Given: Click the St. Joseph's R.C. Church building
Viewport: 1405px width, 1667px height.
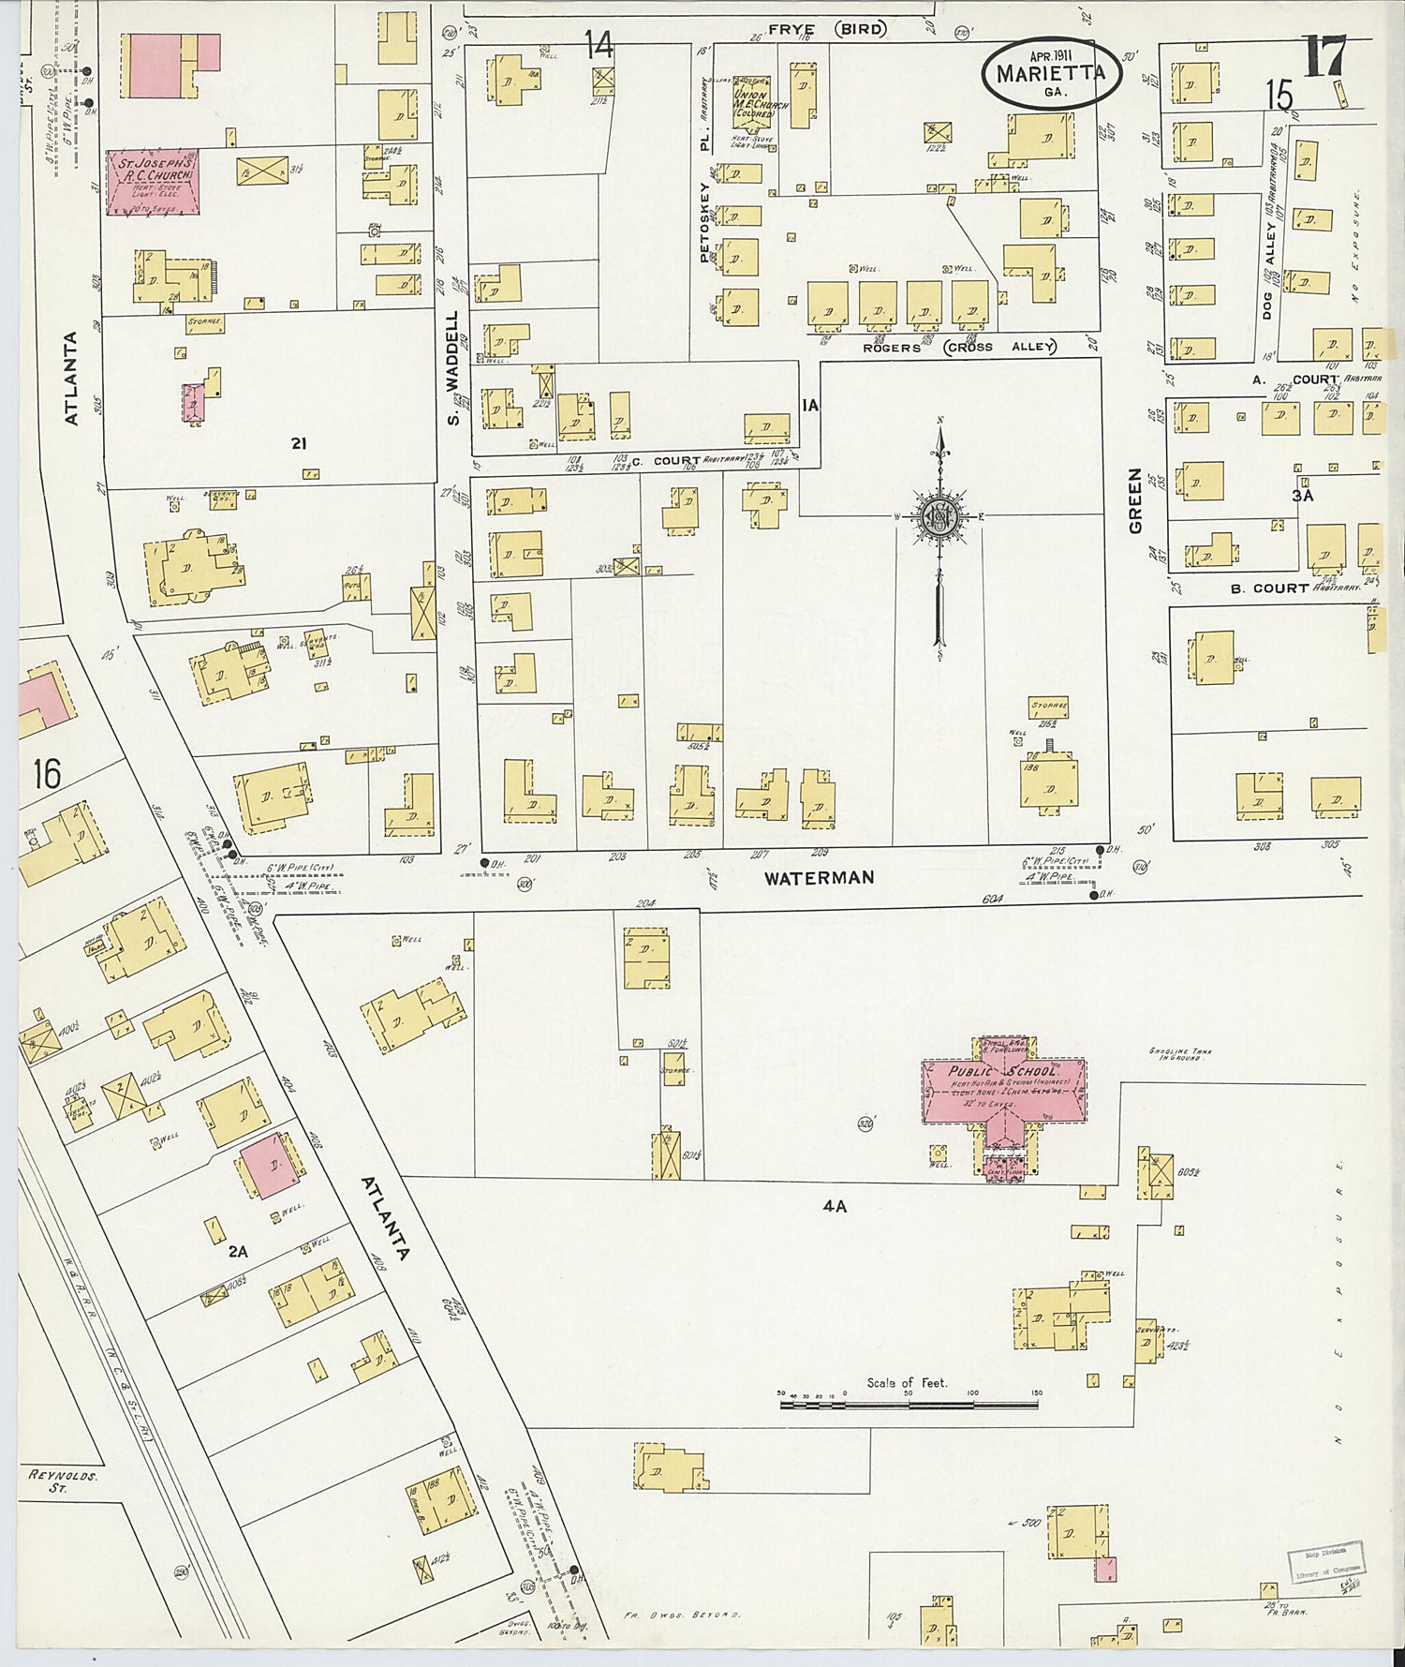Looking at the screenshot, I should point(153,181).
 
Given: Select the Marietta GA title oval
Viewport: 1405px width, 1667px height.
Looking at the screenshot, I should point(1052,73).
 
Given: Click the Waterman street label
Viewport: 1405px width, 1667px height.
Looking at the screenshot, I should point(819,878).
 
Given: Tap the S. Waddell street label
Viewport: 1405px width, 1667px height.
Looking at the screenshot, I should point(454,367).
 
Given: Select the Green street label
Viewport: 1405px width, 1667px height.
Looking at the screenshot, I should point(1136,501).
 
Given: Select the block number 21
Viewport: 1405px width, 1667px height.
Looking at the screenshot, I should point(298,443).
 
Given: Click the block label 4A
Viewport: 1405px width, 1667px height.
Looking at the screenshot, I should point(835,1207).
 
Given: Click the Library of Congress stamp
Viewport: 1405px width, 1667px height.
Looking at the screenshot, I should point(1324,1562).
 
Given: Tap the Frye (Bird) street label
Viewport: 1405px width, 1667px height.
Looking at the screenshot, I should point(825,29).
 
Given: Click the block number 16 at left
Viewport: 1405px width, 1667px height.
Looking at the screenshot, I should point(46,774).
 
